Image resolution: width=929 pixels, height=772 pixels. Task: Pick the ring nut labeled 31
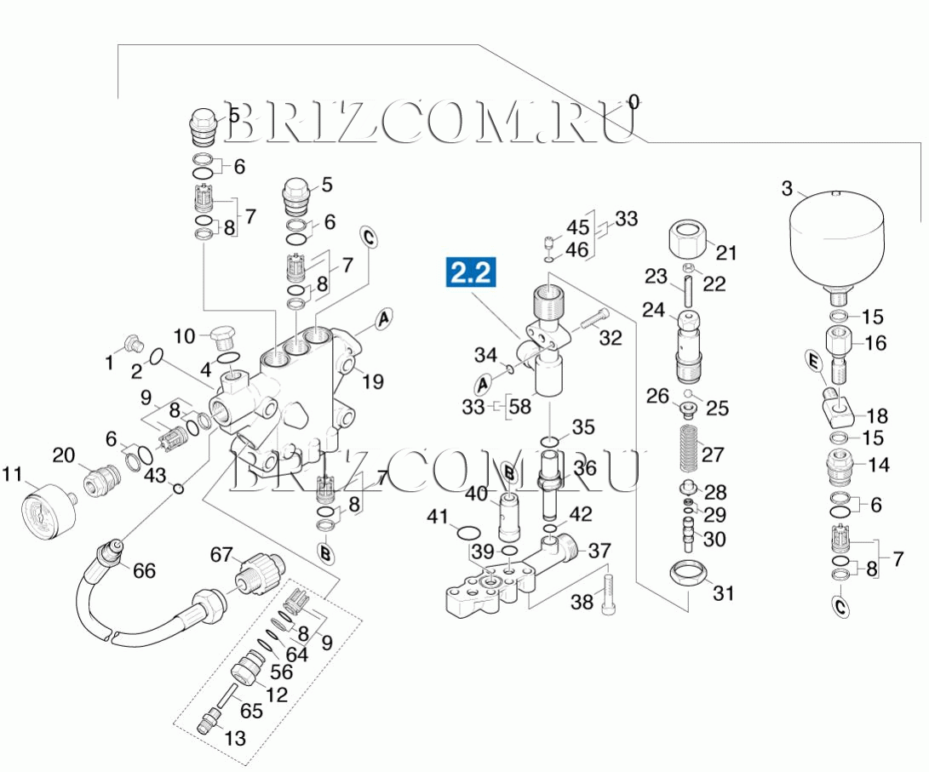click(688, 575)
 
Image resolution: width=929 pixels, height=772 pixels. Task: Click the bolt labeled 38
click(608, 593)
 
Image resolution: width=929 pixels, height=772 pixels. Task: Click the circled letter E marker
click(812, 363)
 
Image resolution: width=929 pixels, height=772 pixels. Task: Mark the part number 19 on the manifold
click(372, 382)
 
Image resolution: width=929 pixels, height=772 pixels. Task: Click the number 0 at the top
click(633, 103)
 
